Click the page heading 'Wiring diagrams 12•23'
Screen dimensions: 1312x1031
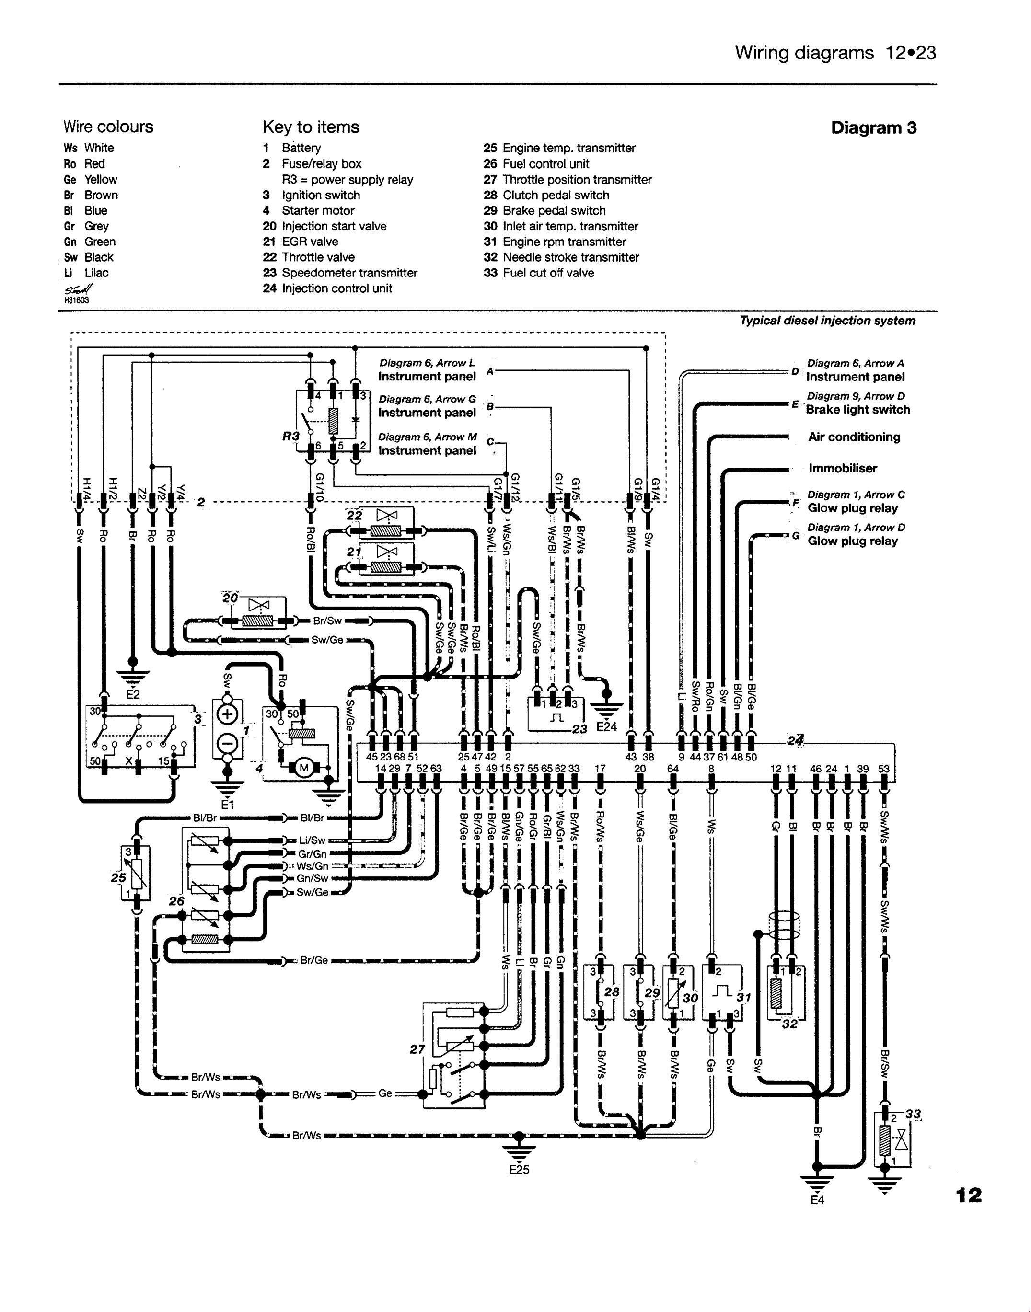point(835,53)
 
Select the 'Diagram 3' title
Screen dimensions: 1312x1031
point(873,128)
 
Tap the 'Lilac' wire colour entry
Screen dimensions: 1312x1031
point(96,273)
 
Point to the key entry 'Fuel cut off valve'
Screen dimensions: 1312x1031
point(548,273)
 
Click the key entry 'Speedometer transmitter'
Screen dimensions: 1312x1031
point(349,273)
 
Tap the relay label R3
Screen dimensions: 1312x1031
point(291,436)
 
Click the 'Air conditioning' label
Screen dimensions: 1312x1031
point(854,437)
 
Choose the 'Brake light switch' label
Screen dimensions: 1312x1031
point(858,410)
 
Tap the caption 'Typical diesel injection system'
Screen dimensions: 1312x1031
point(828,321)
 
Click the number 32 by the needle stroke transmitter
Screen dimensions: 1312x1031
point(789,1024)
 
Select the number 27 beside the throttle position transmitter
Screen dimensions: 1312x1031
point(417,1049)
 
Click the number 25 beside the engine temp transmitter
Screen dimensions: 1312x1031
point(118,878)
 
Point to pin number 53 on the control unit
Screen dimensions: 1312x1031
point(884,769)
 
